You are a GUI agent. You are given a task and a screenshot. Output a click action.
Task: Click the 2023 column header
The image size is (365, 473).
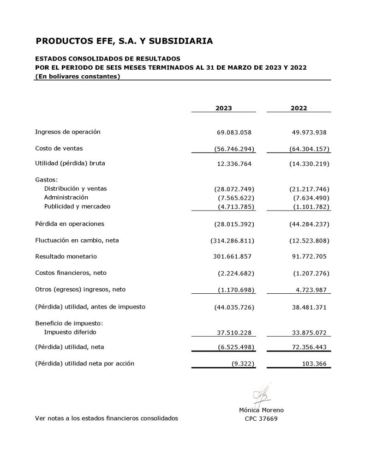224,108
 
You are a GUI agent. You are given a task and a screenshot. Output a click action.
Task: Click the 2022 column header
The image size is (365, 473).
299,108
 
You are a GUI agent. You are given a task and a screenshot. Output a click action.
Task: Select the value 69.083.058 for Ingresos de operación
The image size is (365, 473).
234,133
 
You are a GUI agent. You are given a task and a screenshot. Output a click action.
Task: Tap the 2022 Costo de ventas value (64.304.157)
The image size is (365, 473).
306,149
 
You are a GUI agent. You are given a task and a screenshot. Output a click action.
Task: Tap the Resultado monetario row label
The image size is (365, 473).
66,256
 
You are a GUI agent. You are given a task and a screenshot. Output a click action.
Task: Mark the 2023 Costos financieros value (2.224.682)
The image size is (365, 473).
236,273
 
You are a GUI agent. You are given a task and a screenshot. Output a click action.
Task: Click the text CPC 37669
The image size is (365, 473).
261,419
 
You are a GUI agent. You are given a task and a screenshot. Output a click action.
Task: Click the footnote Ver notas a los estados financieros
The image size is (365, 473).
106,418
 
